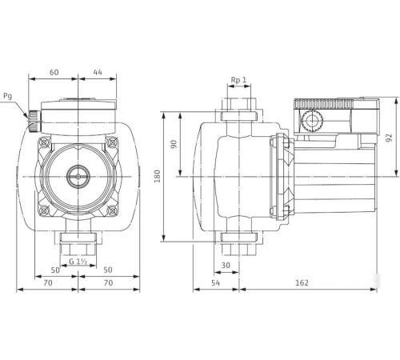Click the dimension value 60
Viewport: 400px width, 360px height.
tap(54, 73)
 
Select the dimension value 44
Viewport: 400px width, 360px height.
tap(97, 73)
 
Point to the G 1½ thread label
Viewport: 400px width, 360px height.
tap(78, 262)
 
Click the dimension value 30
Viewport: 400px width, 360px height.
tap(226, 265)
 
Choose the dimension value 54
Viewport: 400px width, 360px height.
tap(215, 283)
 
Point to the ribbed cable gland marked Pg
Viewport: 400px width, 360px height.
tap(34, 122)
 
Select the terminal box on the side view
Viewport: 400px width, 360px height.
tap(334, 116)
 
